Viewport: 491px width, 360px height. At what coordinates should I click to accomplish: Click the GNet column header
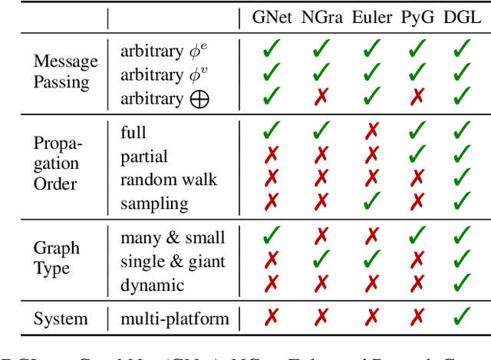click(x=272, y=18)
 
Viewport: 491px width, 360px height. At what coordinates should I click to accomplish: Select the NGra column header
click(x=322, y=18)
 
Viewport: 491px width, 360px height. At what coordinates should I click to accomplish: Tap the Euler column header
click(x=372, y=18)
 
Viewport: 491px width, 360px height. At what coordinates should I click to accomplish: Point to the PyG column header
click(x=418, y=18)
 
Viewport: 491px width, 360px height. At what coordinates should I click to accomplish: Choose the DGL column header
click(x=463, y=18)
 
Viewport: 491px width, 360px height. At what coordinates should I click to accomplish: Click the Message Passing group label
click(x=66, y=71)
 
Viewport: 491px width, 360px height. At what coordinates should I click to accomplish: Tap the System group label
click(x=61, y=319)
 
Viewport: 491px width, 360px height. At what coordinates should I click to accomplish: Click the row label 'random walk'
click(x=169, y=180)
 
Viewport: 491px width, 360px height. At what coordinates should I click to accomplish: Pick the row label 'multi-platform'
click(x=175, y=319)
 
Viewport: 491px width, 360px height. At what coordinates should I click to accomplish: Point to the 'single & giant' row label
click(x=173, y=261)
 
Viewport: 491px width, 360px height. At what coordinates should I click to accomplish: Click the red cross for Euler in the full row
click(x=371, y=132)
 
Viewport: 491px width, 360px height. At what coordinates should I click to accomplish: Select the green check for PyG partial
click(x=417, y=156)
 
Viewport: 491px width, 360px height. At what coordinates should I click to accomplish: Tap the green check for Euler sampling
click(x=371, y=203)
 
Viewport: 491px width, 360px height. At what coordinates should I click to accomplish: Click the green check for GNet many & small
click(x=271, y=237)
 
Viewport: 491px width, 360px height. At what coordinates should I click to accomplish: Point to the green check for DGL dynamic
click(x=463, y=284)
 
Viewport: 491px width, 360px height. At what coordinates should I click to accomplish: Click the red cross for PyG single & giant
click(x=417, y=261)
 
